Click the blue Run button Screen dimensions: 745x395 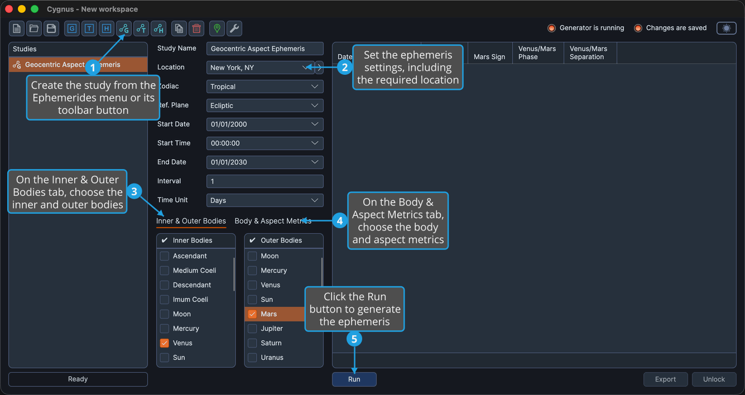pos(354,379)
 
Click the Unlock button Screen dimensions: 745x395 pos(714,379)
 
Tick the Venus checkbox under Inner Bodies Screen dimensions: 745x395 pos(164,343)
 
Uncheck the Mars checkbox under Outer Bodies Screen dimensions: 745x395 pos(252,314)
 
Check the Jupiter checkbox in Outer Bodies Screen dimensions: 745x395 pos(252,329)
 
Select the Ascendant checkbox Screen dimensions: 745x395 pos(164,256)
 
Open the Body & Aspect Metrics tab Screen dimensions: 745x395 pos(273,221)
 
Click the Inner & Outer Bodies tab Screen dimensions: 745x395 pos(191,221)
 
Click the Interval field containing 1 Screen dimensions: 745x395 pos(265,181)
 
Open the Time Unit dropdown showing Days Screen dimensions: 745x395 pos(265,200)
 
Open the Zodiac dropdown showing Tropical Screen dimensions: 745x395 pos(265,86)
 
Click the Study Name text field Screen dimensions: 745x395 pos(265,49)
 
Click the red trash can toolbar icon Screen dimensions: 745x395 pos(196,28)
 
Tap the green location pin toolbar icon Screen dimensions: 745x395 pos(217,28)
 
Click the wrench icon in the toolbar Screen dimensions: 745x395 pos(234,28)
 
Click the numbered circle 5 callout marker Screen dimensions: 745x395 pos(354,339)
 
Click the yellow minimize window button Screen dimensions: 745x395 pos(22,9)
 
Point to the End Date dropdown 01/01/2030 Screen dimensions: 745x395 pos(265,162)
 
